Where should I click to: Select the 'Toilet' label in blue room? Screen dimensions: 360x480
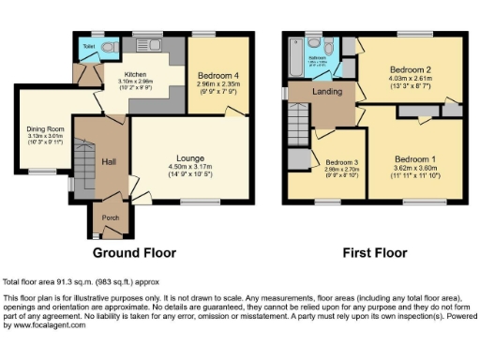(x=88, y=45)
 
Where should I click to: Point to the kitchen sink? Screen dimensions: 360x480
(x=150, y=42)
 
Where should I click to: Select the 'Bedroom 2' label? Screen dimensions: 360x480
(x=410, y=70)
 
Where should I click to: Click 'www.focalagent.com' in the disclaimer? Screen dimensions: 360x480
(x=36, y=327)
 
